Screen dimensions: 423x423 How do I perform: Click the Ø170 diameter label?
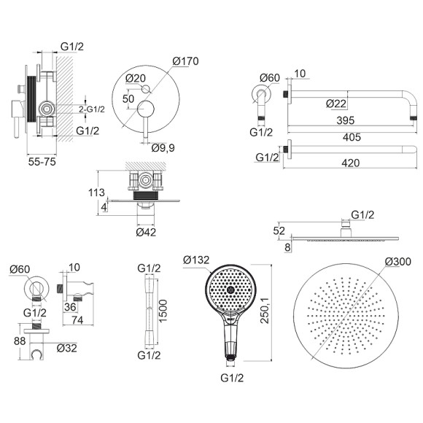coord(185,61)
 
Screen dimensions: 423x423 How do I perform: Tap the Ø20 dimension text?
coord(136,78)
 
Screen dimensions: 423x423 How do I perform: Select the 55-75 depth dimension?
coord(42,162)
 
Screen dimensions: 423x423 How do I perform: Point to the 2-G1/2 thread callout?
coord(92,109)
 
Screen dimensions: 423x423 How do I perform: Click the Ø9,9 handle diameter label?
coord(163,147)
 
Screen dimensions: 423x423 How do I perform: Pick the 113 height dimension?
coord(96,193)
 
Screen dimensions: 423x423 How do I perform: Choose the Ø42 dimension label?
coord(146,232)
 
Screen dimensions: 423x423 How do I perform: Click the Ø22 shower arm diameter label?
coord(336,104)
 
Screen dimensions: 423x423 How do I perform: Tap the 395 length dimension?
coord(346,120)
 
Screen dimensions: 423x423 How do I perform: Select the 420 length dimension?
coord(351,163)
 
